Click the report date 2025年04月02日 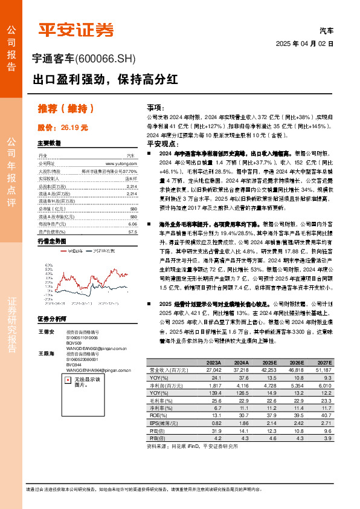coord(304,44)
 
